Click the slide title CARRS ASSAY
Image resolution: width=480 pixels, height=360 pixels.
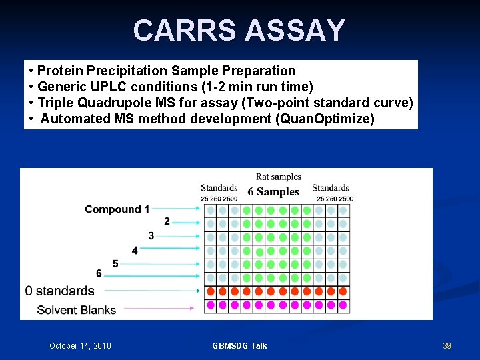(x=239, y=31)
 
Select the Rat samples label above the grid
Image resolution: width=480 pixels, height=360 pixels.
(x=278, y=177)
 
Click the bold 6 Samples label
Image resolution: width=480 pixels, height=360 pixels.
(x=273, y=192)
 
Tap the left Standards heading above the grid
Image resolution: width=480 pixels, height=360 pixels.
(x=219, y=188)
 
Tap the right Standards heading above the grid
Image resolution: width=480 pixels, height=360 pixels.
(x=331, y=188)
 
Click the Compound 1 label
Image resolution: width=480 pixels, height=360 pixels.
(x=117, y=209)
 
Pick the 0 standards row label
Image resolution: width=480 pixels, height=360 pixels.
(x=60, y=291)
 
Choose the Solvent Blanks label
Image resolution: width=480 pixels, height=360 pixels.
(x=76, y=309)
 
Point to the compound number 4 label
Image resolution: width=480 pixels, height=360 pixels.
(x=135, y=251)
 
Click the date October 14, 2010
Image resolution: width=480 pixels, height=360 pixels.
(x=80, y=345)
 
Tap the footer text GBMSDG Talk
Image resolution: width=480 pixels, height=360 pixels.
(x=239, y=345)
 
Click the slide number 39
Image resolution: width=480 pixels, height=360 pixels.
(x=447, y=345)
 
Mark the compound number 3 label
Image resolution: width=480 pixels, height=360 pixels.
(x=151, y=235)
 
